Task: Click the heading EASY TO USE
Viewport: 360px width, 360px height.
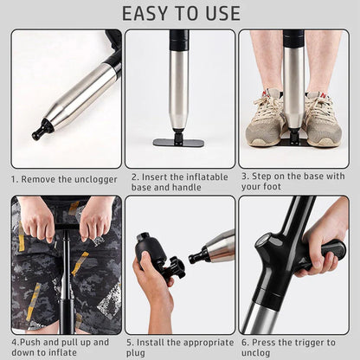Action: (180, 14)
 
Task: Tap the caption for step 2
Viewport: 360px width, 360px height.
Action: (179, 181)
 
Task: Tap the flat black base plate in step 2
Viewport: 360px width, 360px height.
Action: (179, 142)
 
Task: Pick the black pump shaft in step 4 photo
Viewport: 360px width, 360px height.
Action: (66, 286)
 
